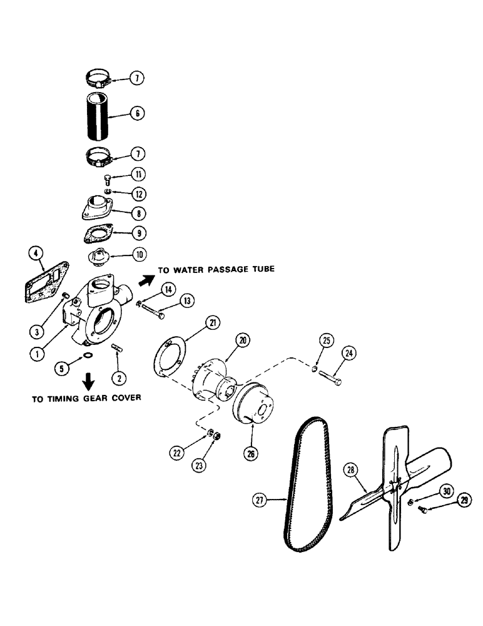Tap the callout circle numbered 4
pos(37,254)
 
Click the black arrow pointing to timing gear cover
pos(89,380)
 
